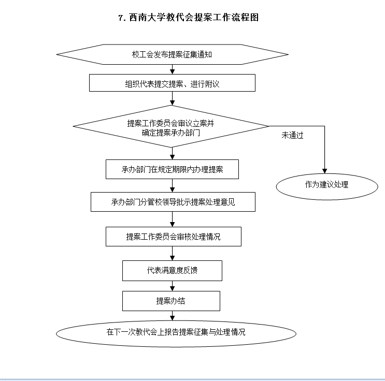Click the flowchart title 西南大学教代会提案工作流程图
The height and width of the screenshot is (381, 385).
click(x=192, y=18)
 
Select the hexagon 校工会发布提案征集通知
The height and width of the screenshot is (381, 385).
click(x=172, y=54)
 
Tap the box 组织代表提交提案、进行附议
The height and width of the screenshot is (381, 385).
click(x=172, y=83)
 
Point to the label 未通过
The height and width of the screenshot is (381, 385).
click(x=292, y=136)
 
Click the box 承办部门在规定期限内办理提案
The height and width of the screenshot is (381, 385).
click(x=172, y=169)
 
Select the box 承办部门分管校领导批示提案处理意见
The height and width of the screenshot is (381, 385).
click(x=173, y=202)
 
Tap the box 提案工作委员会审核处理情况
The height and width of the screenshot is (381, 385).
click(x=173, y=237)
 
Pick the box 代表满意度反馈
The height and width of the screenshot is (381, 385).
click(x=172, y=270)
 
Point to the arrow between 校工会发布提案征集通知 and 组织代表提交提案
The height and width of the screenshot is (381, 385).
click(x=172, y=69)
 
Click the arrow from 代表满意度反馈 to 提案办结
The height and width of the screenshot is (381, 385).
click(x=172, y=286)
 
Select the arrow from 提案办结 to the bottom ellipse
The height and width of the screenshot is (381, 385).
click(x=172, y=315)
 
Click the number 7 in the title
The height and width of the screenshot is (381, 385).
click(x=121, y=18)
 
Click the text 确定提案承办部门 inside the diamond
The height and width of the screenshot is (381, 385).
click(x=171, y=133)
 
